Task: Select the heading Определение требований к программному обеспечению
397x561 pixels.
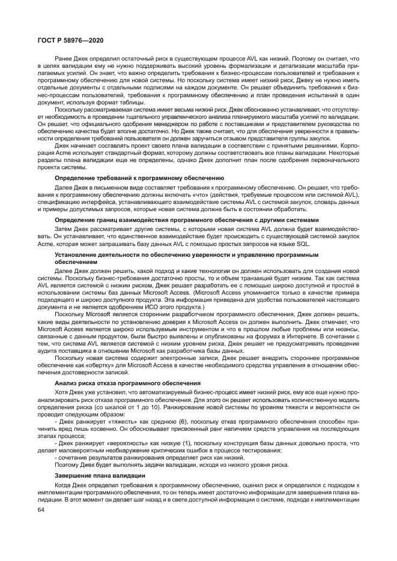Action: (x=139, y=178)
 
